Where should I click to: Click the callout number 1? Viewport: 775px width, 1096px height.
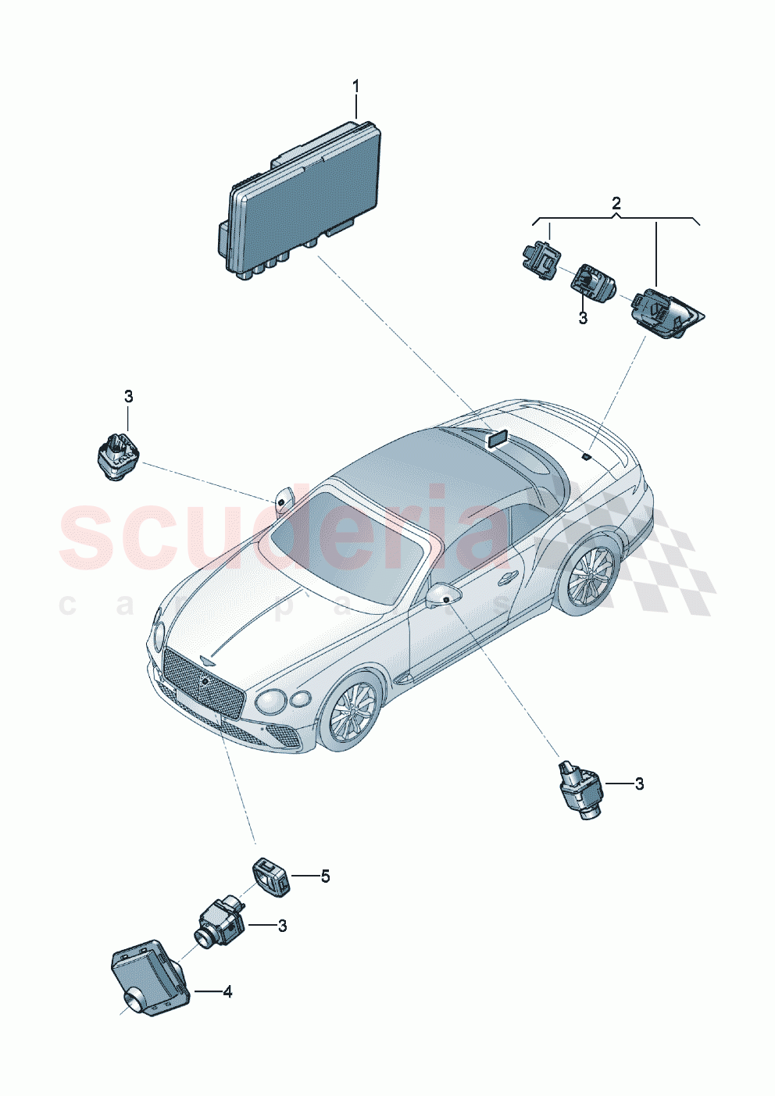click(x=356, y=86)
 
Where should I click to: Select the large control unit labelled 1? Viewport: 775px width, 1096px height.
click(x=302, y=196)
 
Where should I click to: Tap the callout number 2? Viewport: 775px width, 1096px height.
click(x=616, y=203)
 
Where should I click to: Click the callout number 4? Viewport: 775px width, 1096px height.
click(x=227, y=991)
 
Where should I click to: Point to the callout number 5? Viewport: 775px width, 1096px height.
click(x=325, y=876)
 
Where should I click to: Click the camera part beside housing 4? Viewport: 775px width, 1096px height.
click(x=220, y=923)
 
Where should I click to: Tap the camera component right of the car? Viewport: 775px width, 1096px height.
click(x=582, y=789)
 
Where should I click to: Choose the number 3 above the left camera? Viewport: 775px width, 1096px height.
click(x=129, y=396)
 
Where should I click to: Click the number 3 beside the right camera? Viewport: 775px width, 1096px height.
click(x=639, y=784)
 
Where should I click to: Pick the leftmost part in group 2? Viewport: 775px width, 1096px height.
click(x=538, y=260)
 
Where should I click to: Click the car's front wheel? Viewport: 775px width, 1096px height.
click(x=352, y=711)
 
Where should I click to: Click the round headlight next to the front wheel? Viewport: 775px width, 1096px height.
click(x=270, y=701)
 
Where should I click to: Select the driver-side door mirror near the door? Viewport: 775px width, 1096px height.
click(x=443, y=595)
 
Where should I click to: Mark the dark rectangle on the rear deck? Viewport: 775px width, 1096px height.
click(x=497, y=438)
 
